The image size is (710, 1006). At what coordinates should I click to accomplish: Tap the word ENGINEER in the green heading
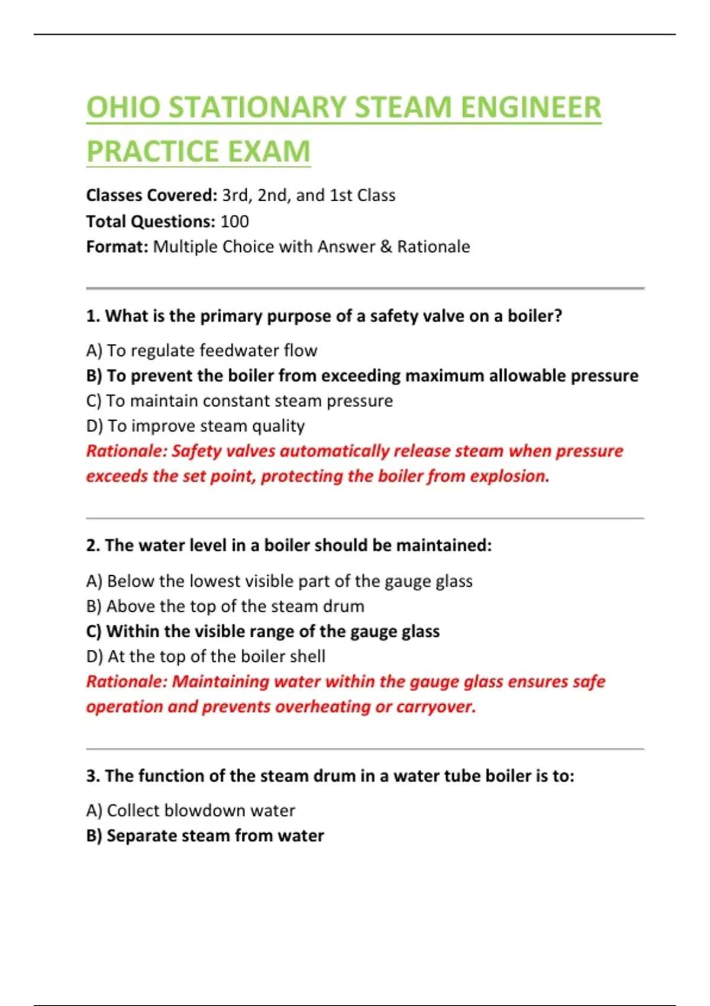click(531, 108)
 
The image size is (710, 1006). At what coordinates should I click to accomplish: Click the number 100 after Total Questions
click(234, 221)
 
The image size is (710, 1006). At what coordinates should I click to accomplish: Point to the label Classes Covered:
click(151, 195)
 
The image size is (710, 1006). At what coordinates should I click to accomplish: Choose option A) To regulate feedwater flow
click(202, 350)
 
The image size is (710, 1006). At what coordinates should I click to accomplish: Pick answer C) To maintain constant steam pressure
click(239, 401)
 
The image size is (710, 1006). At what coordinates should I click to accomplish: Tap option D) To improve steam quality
click(195, 426)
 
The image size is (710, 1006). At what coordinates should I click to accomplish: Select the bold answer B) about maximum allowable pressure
click(362, 376)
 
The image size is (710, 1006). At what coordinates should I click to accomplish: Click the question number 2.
click(92, 545)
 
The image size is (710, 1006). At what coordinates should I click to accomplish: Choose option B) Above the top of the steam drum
click(225, 606)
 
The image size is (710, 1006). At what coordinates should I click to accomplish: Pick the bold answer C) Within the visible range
click(263, 631)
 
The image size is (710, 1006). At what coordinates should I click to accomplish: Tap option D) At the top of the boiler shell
click(205, 656)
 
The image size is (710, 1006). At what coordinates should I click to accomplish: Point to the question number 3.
click(92, 776)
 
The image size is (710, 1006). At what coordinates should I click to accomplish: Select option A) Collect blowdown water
click(190, 810)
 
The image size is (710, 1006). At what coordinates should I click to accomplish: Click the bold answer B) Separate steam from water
click(205, 836)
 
